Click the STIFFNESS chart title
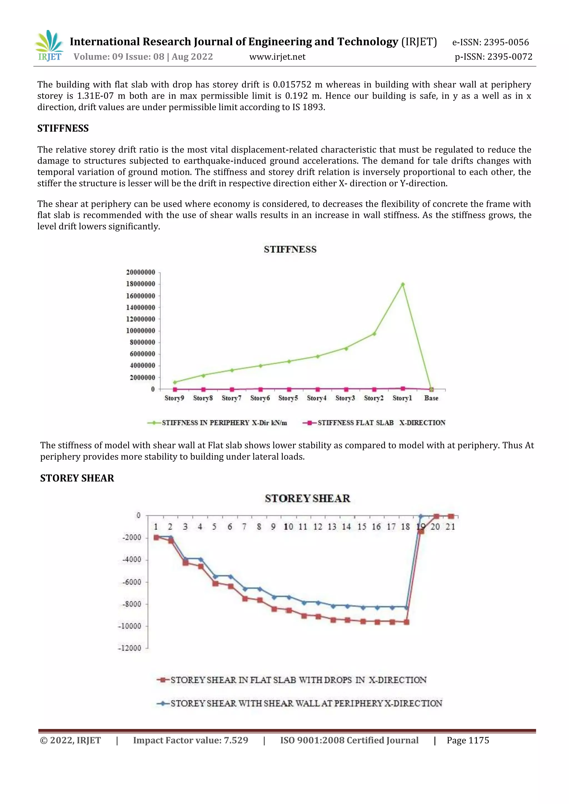point(290,249)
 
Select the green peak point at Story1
point(403,284)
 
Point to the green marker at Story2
point(374,334)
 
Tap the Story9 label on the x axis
point(174,398)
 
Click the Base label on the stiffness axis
point(431,398)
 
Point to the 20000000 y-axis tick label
point(141,272)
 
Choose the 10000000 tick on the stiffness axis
point(141,331)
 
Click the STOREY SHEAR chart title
point(307,498)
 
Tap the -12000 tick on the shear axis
point(129,648)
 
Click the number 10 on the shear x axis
point(288,527)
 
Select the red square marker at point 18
point(406,622)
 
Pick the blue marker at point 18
point(406,607)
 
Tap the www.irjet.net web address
point(277,57)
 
